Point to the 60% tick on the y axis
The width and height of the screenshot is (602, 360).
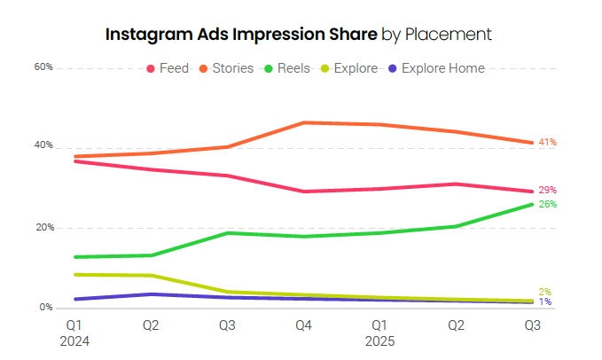pos(43,67)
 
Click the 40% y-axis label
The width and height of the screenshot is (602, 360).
pos(43,145)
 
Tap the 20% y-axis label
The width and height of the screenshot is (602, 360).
pos(43,228)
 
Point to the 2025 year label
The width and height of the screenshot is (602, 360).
pos(380,340)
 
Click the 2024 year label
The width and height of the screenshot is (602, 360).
pos(76,340)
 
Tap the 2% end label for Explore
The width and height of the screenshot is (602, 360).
pos(545,293)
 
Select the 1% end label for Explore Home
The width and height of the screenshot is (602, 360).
pos(545,302)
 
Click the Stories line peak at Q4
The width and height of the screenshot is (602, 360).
pos(304,122)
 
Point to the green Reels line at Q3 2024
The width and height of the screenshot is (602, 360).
pos(229,233)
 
